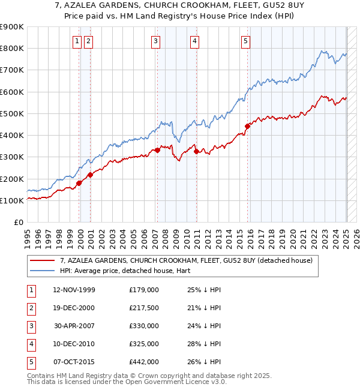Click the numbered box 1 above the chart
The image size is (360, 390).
click(77, 41)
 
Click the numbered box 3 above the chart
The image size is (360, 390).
click(155, 41)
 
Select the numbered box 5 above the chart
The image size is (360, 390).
click(246, 41)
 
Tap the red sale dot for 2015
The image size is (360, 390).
click(247, 126)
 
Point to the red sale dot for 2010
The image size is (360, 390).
click(196, 151)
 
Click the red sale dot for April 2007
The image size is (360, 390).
click(157, 150)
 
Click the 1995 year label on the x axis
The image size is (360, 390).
click(28, 238)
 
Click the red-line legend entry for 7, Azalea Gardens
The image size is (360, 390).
click(186, 261)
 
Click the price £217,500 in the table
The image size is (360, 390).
click(143, 308)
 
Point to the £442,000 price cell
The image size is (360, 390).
click(143, 362)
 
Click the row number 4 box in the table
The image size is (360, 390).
click(29, 344)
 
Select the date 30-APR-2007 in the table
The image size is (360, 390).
click(74, 326)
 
